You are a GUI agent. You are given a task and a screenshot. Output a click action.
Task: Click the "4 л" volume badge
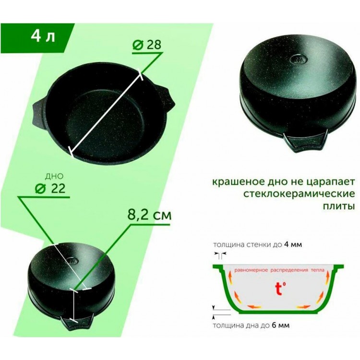click(x=43, y=36)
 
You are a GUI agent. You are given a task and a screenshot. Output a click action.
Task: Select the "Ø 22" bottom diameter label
click(x=50, y=189)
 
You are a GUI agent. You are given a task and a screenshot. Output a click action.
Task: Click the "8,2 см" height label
click(x=149, y=216)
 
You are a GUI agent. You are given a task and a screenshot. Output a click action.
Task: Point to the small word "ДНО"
click(x=54, y=176)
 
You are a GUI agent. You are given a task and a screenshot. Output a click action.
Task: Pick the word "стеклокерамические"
click(x=299, y=194)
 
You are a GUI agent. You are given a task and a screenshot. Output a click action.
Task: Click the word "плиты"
click(x=339, y=206)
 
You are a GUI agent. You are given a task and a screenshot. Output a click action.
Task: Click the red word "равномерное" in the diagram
click(x=251, y=270)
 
